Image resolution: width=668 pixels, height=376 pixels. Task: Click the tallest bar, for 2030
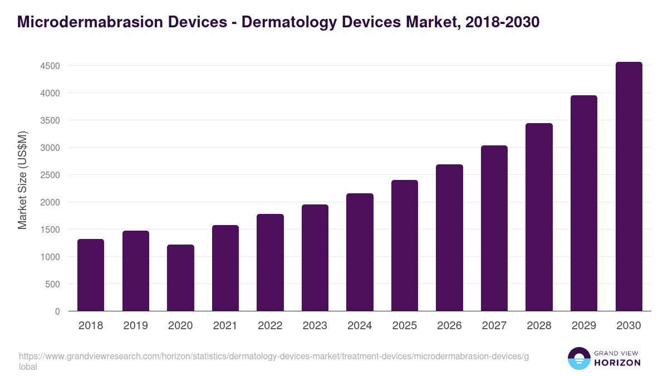(x=628, y=186)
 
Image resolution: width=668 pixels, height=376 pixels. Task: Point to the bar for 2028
(x=539, y=217)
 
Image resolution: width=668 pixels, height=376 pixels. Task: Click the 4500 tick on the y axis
(x=50, y=66)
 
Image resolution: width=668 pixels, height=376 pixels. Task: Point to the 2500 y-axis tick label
(x=50, y=175)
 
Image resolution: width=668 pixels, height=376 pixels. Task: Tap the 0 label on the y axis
(x=57, y=311)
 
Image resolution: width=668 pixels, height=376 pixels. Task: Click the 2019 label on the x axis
(x=135, y=326)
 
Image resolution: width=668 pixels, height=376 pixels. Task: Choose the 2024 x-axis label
(x=360, y=326)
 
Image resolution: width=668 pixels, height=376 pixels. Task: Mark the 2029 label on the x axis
(x=583, y=326)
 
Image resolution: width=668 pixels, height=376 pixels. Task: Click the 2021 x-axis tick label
(x=225, y=326)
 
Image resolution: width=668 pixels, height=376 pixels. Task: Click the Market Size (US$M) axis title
(x=22, y=180)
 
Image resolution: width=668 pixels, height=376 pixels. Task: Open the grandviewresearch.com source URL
(x=273, y=357)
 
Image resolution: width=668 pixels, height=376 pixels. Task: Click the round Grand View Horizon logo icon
(x=578, y=358)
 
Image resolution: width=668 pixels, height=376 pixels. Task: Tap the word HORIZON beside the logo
(x=617, y=363)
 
